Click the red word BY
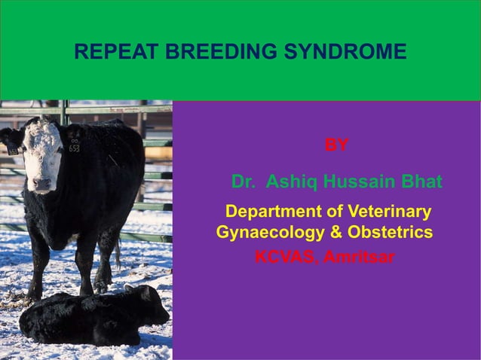click(x=336, y=145)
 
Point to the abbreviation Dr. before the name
click(x=244, y=182)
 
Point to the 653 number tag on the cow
click(x=74, y=148)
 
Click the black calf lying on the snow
click(x=90, y=316)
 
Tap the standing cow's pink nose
click(x=42, y=183)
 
